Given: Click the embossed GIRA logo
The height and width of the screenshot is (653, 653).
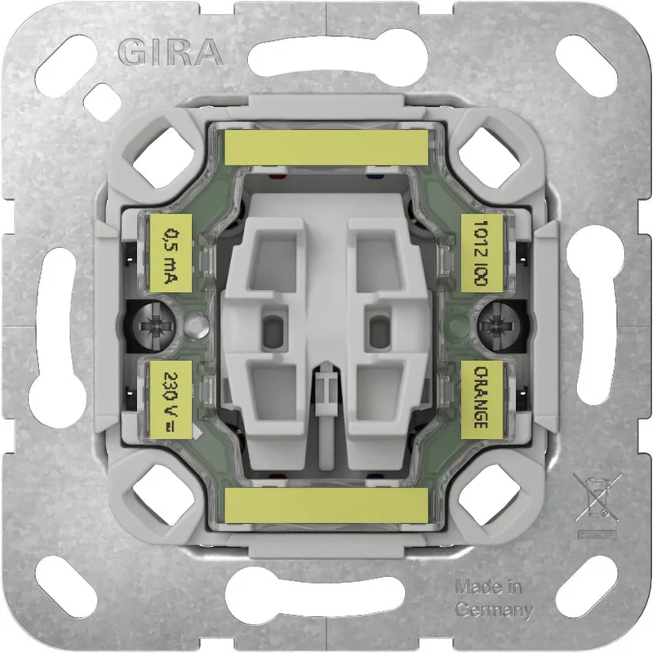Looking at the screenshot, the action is pyautogui.click(x=171, y=52).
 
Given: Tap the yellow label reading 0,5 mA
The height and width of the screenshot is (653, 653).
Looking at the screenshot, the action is pyautogui.click(x=171, y=253).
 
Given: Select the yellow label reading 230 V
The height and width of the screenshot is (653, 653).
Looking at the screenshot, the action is pyautogui.click(x=171, y=400).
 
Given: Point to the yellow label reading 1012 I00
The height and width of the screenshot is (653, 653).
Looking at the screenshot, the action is pyautogui.click(x=482, y=253).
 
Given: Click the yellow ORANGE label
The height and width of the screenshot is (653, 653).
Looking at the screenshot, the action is pyautogui.click(x=482, y=400).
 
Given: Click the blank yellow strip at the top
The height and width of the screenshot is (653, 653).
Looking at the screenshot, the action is pyautogui.click(x=326, y=147).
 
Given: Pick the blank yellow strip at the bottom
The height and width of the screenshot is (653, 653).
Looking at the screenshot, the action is pyautogui.click(x=326, y=505).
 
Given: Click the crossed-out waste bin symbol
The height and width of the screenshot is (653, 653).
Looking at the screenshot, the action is pyautogui.click(x=597, y=498).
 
